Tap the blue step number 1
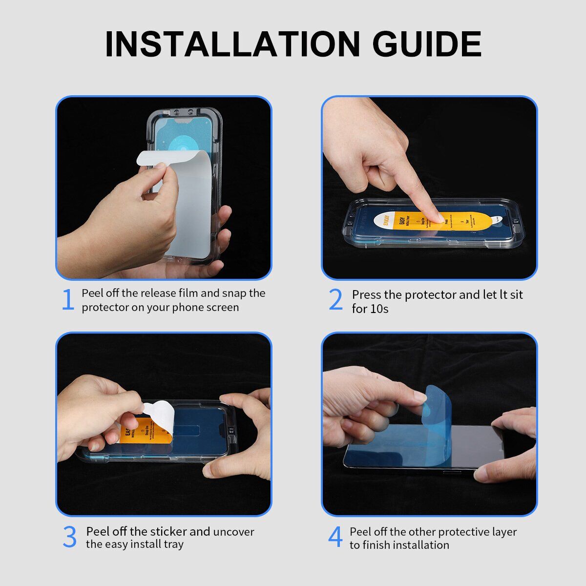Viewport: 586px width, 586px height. pyautogui.click(x=67, y=300)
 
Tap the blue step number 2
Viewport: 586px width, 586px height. pyautogui.click(x=335, y=300)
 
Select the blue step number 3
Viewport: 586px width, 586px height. pyautogui.click(x=69, y=537)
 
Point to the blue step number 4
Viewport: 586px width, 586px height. pyautogui.click(x=335, y=537)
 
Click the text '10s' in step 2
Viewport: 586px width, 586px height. pyautogui.click(x=379, y=309)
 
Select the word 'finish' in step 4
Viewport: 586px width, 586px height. pyautogui.click(x=377, y=545)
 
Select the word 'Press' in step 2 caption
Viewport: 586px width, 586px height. pyautogui.click(x=366, y=295)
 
